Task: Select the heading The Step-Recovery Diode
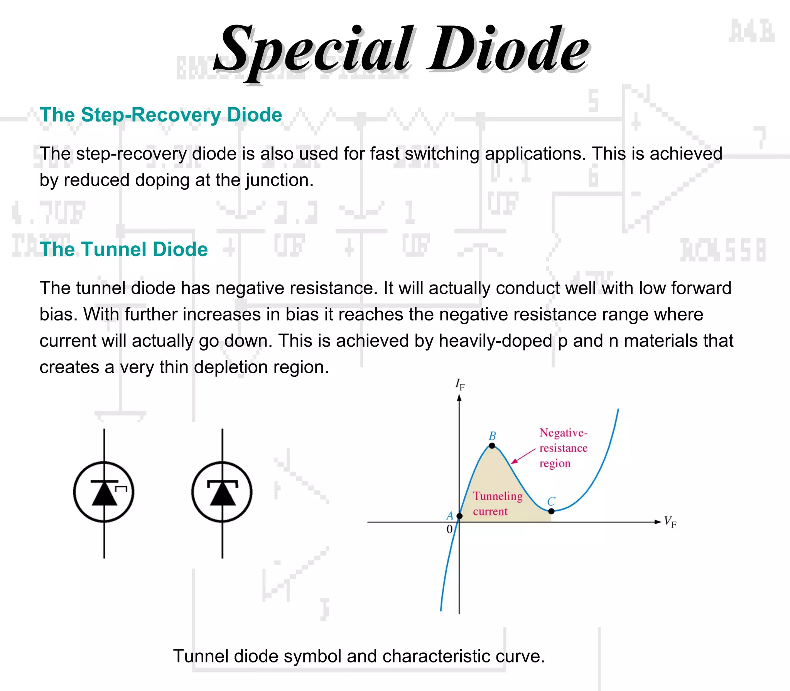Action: pyautogui.click(x=161, y=115)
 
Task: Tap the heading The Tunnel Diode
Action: pyautogui.click(x=123, y=249)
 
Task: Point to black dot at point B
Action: pyautogui.click(x=492, y=446)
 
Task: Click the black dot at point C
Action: pyautogui.click(x=551, y=511)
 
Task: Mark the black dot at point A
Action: pyautogui.click(x=459, y=516)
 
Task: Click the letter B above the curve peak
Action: pyautogui.click(x=492, y=436)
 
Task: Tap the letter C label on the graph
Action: pyautogui.click(x=551, y=501)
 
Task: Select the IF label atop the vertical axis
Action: pyautogui.click(x=460, y=384)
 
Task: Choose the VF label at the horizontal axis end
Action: pyautogui.click(x=670, y=522)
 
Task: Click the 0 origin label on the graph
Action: pyautogui.click(x=449, y=529)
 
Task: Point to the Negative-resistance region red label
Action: pyautogui.click(x=563, y=448)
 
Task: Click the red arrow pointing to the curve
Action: pyautogui.click(x=523, y=456)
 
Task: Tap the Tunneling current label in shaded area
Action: pyautogui.click(x=498, y=504)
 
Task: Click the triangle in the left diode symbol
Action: pyautogui.click(x=104, y=493)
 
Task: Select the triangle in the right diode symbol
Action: pyautogui.click(x=222, y=493)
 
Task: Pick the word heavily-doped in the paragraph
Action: pyautogui.click(x=495, y=341)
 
